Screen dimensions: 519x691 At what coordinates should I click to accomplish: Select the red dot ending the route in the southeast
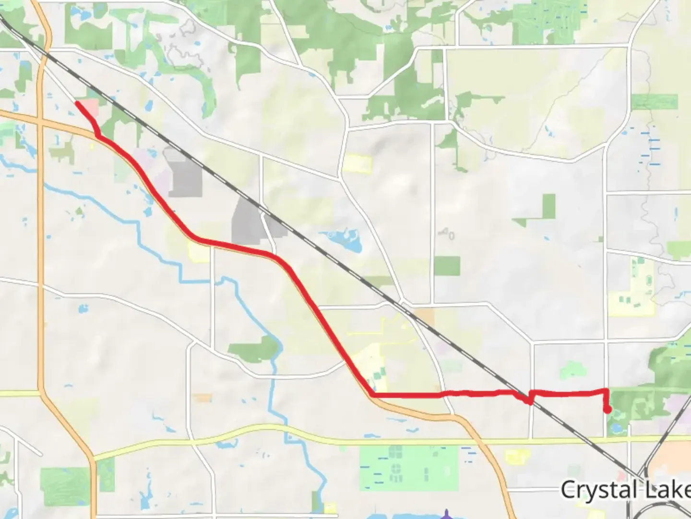[x=608, y=410]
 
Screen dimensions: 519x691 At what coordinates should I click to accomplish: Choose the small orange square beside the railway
[x=424, y=317]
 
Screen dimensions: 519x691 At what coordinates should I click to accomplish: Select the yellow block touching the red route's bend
[x=200, y=251]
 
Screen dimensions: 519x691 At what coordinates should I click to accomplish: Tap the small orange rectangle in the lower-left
[x=203, y=398]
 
